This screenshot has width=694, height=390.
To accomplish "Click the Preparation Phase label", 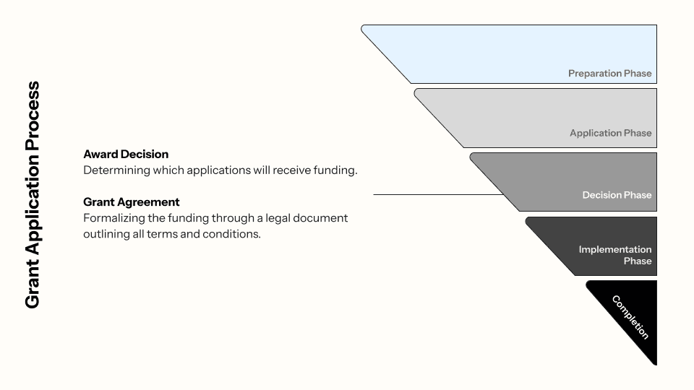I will click(x=609, y=73).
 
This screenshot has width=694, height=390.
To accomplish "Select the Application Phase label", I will click(x=610, y=133).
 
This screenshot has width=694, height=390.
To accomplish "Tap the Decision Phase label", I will click(x=617, y=195).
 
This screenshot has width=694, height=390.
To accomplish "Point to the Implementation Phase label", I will click(x=615, y=255).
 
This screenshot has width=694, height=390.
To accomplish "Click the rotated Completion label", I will click(x=630, y=317).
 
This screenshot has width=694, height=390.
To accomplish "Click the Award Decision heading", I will click(x=126, y=155).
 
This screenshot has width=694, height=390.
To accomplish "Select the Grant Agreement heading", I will click(x=132, y=202).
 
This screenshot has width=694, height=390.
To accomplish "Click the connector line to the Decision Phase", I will click(x=434, y=194).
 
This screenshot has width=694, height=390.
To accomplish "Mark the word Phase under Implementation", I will click(x=638, y=261).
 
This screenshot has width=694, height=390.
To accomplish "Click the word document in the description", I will click(x=322, y=218).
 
